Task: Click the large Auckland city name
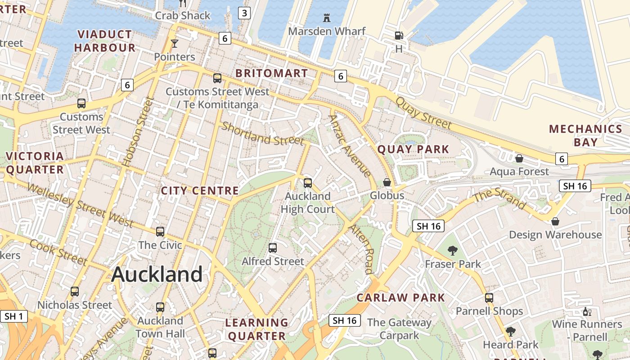[x=157, y=274]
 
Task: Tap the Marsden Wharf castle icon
[x=327, y=18]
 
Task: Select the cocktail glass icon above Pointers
[x=175, y=44]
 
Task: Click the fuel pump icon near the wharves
[x=399, y=35]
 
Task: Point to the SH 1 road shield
[x=13, y=316]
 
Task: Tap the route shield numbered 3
[x=244, y=13]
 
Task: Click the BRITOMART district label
[x=271, y=73]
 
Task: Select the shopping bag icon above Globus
[x=387, y=182]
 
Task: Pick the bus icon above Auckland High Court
[x=308, y=183]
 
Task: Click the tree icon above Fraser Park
[x=453, y=251]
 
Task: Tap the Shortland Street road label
[x=262, y=134]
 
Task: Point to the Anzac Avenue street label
[x=350, y=146]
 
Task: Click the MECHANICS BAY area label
[x=585, y=135]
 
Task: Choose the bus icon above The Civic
[x=160, y=232]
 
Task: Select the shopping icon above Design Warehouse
[x=555, y=221]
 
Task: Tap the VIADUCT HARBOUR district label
[x=104, y=41]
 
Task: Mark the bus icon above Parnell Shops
[x=489, y=297]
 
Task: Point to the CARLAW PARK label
[x=400, y=297]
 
